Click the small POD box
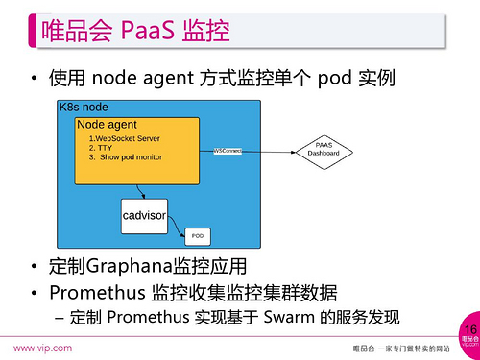pyautogui.click(x=198, y=234)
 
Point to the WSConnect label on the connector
pyautogui.click(x=228, y=151)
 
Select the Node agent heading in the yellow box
pyautogui.click(x=107, y=125)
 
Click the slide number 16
pyautogui.click(x=468, y=329)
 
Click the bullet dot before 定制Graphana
pyautogui.click(x=35, y=267)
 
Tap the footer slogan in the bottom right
pyautogui.click(x=396, y=348)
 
